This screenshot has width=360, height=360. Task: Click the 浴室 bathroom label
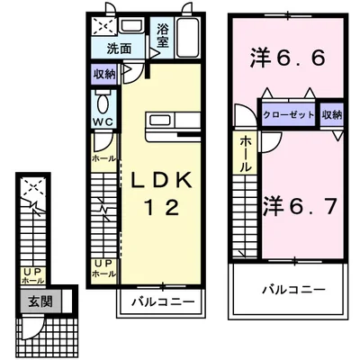[162, 35]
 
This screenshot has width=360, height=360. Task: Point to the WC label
[101, 123]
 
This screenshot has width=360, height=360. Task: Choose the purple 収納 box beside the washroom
[103, 75]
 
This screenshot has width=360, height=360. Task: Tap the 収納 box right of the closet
[330, 113]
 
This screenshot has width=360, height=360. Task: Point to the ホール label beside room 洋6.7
[247, 154]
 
